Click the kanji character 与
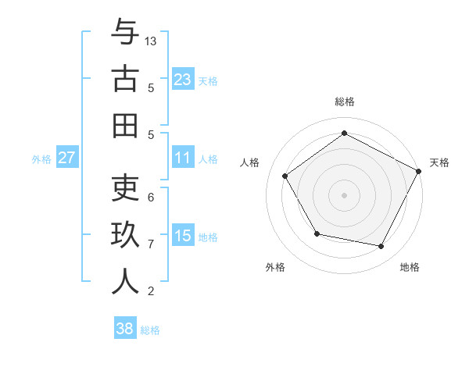click(125, 32)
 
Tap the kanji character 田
click(125, 126)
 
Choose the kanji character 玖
click(125, 235)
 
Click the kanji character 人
click(125, 282)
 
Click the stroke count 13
click(152, 41)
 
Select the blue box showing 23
click(183, 79)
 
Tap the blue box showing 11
click(183, 158)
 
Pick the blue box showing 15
click(183, 236)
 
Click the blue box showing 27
click(66, 158)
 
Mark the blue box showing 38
click(125, 329)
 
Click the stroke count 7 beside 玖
click(151, 244)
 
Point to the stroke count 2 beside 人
click(151, 291)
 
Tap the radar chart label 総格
click(344, 102)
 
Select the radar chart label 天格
click(439, 162)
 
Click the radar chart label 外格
click(275, 267)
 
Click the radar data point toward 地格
click(381, 247)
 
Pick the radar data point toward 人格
click(285, 176)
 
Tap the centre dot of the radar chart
click(344, 194)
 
